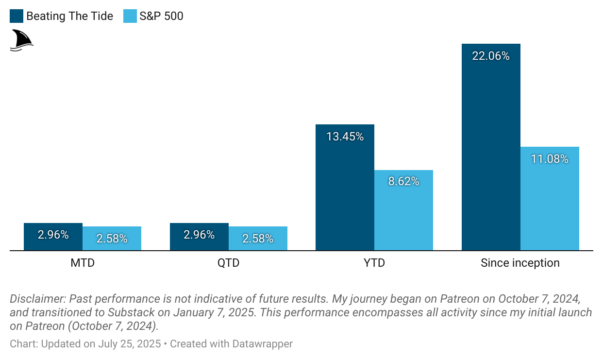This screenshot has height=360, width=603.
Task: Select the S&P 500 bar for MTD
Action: (112, 239)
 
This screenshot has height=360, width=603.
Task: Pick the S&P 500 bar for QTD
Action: (258, 239)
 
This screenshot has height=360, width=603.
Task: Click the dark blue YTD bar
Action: (345, 194)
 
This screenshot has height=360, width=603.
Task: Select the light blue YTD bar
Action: (403, 214)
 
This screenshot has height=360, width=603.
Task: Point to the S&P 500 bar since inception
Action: (550, 204)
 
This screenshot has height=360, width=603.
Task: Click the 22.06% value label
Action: (491, 56)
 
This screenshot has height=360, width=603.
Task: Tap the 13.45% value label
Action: (345, 137)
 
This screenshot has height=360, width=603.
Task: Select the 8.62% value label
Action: (403, 182)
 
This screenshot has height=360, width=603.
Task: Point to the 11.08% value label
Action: (550, 159)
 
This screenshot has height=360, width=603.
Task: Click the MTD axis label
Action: (83, 263)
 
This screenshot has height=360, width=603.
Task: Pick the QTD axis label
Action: (229, 263)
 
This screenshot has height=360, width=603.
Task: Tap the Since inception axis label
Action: (520, 263)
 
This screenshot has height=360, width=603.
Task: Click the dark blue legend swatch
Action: (17, 16)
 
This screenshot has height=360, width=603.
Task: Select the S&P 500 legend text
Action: (161, 16)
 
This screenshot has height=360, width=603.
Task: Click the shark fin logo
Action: (21, 40)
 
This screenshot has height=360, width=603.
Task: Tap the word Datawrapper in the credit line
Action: (263, 344)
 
